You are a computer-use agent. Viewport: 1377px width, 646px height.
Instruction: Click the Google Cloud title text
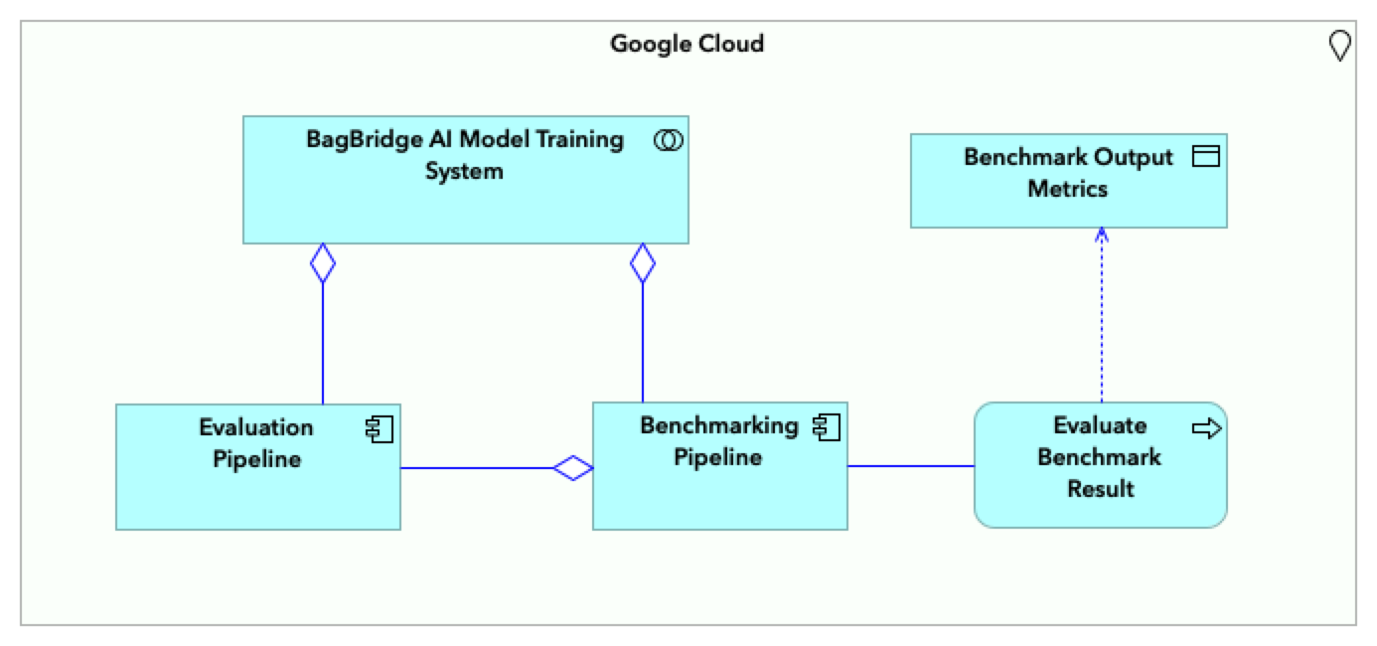pos(687,44)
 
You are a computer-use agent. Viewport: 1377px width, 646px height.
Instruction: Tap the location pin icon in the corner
pos(1339,46)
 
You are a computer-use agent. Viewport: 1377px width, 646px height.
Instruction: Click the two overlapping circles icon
pos(669,141)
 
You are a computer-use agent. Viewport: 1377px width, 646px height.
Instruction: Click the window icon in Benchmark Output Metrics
pos(1205,157)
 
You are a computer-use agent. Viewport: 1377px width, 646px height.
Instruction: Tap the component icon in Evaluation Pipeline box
pos(380,429)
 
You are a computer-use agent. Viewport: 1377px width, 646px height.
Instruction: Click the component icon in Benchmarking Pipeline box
pos(827,427)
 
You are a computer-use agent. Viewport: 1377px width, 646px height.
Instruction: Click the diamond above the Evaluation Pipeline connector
pos(323,263)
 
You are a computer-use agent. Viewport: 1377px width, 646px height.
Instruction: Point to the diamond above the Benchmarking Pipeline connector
pos(643,263)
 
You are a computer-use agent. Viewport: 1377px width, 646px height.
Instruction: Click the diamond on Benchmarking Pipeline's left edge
pos(573,467)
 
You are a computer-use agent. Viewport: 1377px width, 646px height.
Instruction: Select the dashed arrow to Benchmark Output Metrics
pos(1101,318)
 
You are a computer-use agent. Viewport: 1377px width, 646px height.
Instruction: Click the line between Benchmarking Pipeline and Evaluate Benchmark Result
pos(910,465)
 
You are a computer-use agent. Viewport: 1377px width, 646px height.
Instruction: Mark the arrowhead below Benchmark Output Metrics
pos(1101,235)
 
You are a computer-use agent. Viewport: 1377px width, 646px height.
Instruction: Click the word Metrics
pos(1067,188)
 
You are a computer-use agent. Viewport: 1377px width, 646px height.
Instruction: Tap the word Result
pos(1100,489)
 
